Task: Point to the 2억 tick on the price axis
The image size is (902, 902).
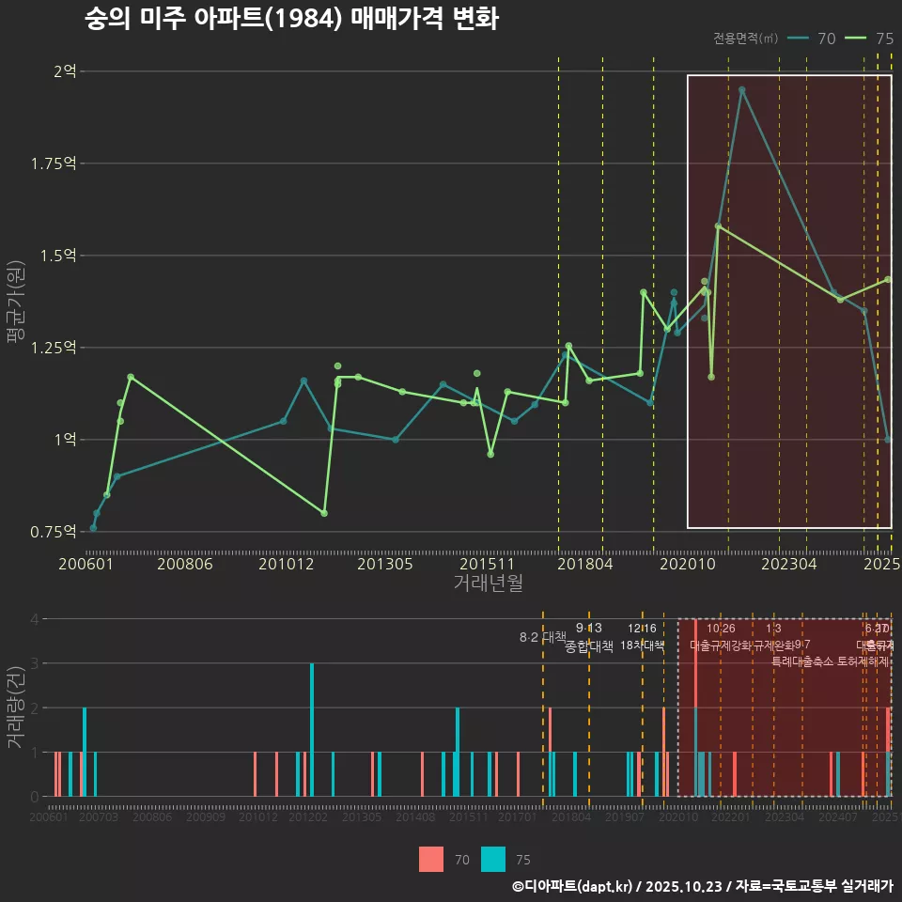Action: [65, 71]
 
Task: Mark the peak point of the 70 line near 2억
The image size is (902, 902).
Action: [741, 90]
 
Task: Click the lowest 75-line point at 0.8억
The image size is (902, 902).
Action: [324, 513]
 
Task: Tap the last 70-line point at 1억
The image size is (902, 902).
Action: [888, 440]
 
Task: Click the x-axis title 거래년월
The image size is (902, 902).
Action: [488, 583]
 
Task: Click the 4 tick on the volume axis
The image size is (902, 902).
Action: [34, 619]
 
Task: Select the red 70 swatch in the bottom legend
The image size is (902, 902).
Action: [431, 859]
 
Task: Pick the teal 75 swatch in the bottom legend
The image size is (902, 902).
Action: [492, 859]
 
